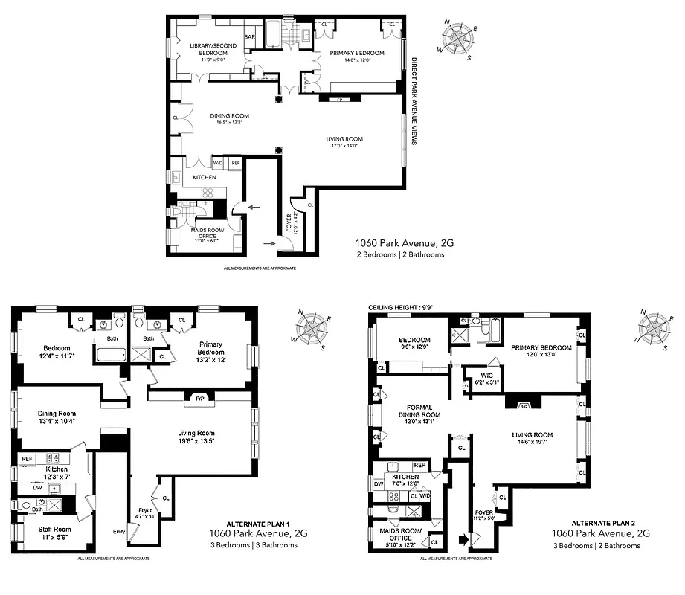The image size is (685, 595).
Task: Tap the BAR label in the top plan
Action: click(251, 36)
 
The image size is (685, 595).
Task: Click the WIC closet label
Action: click(483, 376)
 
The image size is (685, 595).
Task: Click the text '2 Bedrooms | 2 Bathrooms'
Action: click(400, 254)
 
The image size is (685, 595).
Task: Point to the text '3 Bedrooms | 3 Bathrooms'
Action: click(253, 545)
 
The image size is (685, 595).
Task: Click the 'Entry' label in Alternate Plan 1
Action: click(119, 531)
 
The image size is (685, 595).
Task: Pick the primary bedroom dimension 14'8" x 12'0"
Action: click(358, 61)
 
